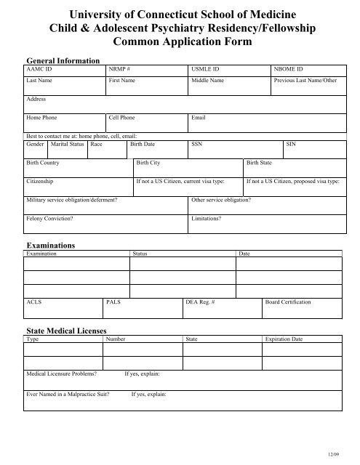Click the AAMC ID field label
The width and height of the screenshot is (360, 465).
click(38, 69)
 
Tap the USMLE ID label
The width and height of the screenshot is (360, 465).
click(204, 69)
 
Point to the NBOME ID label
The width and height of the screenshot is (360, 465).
click(288, 69)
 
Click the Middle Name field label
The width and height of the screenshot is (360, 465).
click(209, 82)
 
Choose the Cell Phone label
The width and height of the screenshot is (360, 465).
click(121, 117)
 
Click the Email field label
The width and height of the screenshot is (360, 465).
click(199, 117)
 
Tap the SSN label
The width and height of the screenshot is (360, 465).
click(196, 144)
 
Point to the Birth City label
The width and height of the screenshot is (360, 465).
click(148, 163)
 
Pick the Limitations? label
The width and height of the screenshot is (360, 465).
click(207, 217)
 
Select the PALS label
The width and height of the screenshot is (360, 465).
click(113, 301)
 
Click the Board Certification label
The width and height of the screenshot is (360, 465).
click(289, 301)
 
